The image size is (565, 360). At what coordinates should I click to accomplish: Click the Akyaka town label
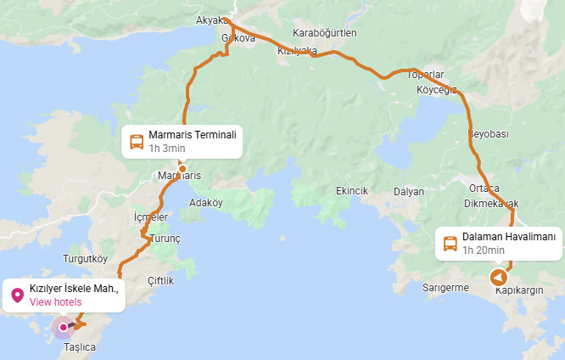tap(211, 20)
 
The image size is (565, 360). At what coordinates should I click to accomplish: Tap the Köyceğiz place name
tap(437, 89)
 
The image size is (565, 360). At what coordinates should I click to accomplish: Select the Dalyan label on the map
tap(409, 191)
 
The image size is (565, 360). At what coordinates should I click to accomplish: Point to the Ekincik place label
tap(352, 191)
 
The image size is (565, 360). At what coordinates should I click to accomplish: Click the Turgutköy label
tap(86, 258)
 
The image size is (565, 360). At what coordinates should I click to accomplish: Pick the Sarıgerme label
tap(445, 288)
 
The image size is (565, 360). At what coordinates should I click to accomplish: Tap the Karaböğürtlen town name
tap(325, 32)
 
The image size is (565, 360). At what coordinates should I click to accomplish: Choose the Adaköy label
tap(206, 203)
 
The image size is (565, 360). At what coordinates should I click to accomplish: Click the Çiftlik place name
tap(160, 280)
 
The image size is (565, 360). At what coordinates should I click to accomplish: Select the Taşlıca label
tap(80, 347)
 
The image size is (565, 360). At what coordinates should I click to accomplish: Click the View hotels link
tap(56, 301)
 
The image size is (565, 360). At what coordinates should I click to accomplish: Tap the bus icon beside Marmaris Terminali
tap(136, 141)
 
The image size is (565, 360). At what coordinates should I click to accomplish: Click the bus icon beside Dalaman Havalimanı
tap(450, 243)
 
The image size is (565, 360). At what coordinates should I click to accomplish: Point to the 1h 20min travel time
tap(484, 250)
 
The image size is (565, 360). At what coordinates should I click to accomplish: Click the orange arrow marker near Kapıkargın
tap(499, 278)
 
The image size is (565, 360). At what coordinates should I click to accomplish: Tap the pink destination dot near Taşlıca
tap(63, 327)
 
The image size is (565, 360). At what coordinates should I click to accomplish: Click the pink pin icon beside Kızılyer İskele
tap(17, 295)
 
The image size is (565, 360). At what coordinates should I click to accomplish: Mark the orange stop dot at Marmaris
tap(182, 168)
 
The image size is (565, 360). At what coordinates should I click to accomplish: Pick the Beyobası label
tap(488, 134)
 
